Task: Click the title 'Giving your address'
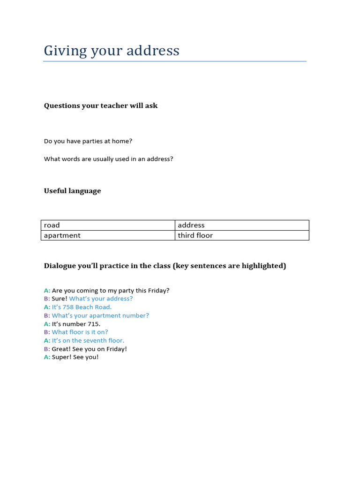112,51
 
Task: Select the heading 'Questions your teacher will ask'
101,105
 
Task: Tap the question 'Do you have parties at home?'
89,141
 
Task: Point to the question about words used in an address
109,159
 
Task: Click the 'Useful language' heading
72,191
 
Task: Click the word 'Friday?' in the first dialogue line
158,291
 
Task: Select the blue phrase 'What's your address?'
101,299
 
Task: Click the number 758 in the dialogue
68,307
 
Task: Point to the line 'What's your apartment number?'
100,315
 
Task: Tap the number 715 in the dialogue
93,324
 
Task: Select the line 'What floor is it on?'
80,332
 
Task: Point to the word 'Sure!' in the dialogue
60,299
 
